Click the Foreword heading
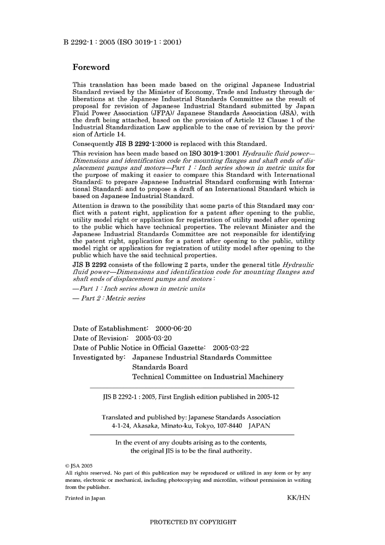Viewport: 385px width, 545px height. click(x=91, y=67)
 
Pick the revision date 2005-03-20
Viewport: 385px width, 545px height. click(x=154, y=338)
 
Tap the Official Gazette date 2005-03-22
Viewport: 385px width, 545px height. click(x=231, y=348)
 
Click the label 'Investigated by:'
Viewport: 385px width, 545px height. click(x=99, y=357)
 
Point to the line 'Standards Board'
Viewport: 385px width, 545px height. click(x=160, y=367)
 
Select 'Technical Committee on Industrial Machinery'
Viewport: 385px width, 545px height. click(x=208, y=377)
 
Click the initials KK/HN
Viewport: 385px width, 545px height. click(x=298, y=498)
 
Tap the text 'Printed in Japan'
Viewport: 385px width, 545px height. click(x=85, y=498)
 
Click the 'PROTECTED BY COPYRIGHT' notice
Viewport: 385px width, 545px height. click(x=193, y=522)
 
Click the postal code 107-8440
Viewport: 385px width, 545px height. click(x=229, y=426)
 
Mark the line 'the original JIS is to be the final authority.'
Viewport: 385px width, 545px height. click(x=191, y=451)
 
